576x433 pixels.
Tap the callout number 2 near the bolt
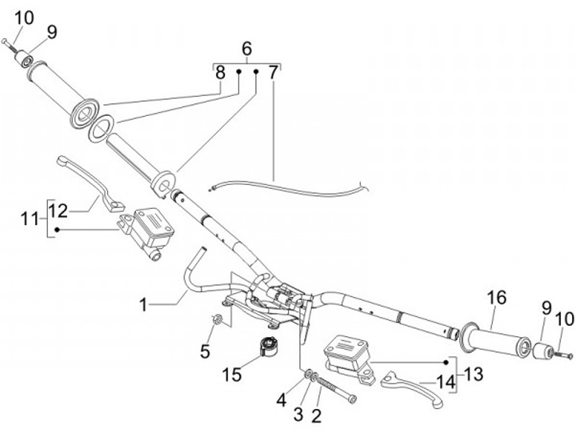click(x=316, y=415)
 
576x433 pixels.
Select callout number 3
click(x=298, y=413)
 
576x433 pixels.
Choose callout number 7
click(x=274, y=72)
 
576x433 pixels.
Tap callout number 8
click(x=220, y=72)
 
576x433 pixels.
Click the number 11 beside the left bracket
click(x=30, y=218)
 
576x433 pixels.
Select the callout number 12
click(x=58, y=210)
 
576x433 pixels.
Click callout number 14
click(x=446, y=383)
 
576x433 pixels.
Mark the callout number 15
click(x=232, y=375)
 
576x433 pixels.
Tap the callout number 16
click(x=497, y=298)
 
